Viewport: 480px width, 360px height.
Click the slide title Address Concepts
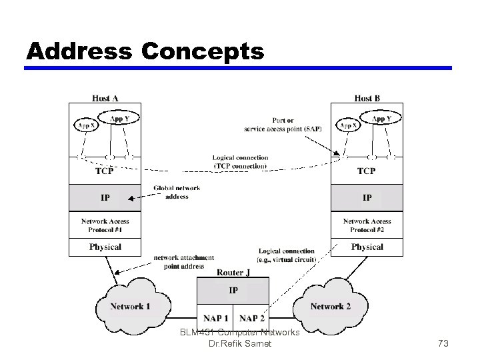pyautogui.click(x=145, y=51)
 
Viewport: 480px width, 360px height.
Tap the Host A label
pyautogui.click(x=105, y=98)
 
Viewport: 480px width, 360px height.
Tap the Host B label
pyautogui.click(x=367, y=98)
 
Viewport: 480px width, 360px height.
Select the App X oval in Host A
pyautogui.click(x=86, y=125)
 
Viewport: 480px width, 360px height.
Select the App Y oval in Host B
pyautogui.click(x=381, y=119)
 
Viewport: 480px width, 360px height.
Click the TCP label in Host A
pyautogui.click(x=105, y=171)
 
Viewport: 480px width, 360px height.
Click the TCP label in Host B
pyautogui.click(x=367, y=171)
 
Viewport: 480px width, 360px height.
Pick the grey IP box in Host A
pyautogui.click(x=105, y=197)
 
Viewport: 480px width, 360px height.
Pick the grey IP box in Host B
pyautogui.click(x=367, y=197)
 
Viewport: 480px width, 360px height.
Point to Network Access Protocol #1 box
pyautogui.click(x=105, y=225)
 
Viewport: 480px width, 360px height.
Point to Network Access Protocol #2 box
pyautogui.click(x=367, y=225)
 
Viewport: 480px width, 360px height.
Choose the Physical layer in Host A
pyautogui.click(x=105, y=247)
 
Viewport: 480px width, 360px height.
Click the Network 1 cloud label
pyautogui.click(x=130, y=307)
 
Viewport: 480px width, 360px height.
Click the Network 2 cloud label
pyautogui.click(x=330, y=307)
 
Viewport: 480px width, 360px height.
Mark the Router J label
pyautogui.click(x=233, y=272)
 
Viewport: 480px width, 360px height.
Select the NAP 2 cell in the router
pyautogui.click(x=251, y=319)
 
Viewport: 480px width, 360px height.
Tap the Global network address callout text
pyautogui.click(x=177, y=192)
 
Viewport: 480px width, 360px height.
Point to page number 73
pyautogui.click(x=443, y=343)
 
